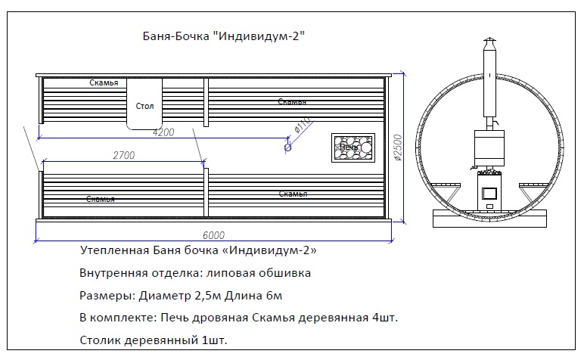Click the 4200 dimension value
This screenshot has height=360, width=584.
pyautogui.click(x=163, y=132)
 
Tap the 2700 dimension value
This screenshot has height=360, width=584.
pyautogui.click(x=123, y=155)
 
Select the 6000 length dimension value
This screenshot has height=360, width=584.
pyautogui.click(x=214, y=235)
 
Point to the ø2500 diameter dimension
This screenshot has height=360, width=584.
pyautogui.click(x=397, y=147)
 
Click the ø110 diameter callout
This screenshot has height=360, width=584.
pyautogui.click(x=302, y=125)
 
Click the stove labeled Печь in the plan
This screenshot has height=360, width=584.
pyautogui.click(x=353, y=147)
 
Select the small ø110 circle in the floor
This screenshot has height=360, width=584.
pyautogui.click(x=287, y=147)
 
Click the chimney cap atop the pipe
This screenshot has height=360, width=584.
pyautogui.click(x=489, y=40)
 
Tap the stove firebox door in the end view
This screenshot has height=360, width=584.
pyautogui.click(x=489, y=194)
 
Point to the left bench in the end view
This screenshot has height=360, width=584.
pyautogui.click(x=446, y=185)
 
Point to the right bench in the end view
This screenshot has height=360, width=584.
pyautogui.click(x=533, y=185)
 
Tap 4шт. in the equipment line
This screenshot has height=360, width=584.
pyautogui.click(x=385, y=318)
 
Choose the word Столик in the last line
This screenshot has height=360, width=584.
pyautogui.click(x=100, y=340)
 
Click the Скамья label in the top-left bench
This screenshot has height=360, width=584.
pyautogui.click(x=104, y=82)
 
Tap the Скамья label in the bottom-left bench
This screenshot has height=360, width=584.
pyautogui.click(x=101, y=199)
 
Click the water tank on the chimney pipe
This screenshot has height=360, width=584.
pyautogui.click(x=489, y=147)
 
